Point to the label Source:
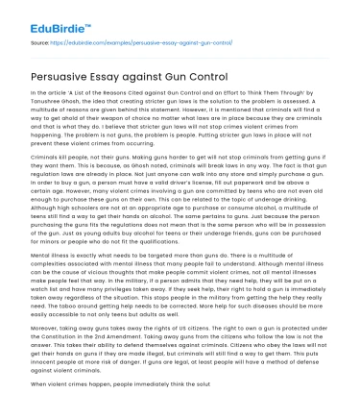41,42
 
